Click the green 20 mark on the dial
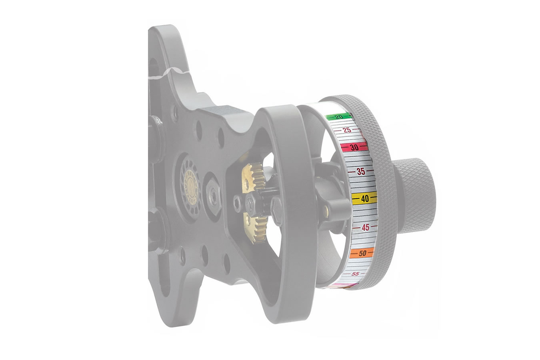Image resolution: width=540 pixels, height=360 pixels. coord(338,117)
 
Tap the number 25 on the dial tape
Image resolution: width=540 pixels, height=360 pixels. coord(347,130)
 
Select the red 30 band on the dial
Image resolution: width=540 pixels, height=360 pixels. coord(354,147)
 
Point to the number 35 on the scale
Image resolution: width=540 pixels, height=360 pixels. coord(361,172)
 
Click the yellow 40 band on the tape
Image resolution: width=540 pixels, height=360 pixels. coord(364,198)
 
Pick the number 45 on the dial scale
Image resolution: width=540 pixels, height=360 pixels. coord(365,227)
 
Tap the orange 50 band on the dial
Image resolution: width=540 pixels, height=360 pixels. coord(362,253)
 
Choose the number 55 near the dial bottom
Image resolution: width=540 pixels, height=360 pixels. coord(354,274)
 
